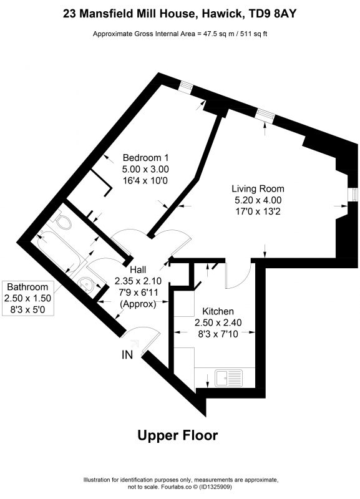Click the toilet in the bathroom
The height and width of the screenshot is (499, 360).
62,221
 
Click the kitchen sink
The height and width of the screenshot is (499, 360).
228,378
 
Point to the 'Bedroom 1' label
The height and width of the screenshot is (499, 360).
146,158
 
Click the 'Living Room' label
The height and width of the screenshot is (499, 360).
258,189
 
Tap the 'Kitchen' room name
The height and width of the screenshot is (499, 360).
218,311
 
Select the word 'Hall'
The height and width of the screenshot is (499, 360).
138,269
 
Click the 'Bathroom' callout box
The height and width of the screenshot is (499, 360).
27,298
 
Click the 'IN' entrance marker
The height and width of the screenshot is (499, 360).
127,354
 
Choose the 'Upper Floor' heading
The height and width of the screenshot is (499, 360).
178,435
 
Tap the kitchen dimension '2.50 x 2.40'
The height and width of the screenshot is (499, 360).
218,322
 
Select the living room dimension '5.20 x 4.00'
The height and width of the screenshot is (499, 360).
258,200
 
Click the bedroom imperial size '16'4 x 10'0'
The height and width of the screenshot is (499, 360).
145,180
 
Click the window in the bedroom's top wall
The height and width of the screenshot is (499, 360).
185,87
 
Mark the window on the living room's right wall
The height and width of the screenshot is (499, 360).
353,195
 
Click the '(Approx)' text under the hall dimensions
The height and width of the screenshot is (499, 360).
138,304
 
